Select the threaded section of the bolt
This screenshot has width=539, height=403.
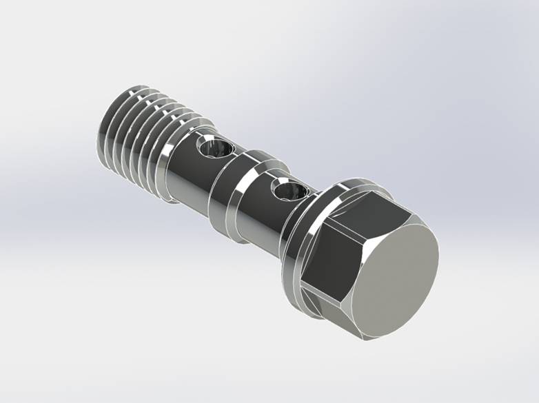138,145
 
